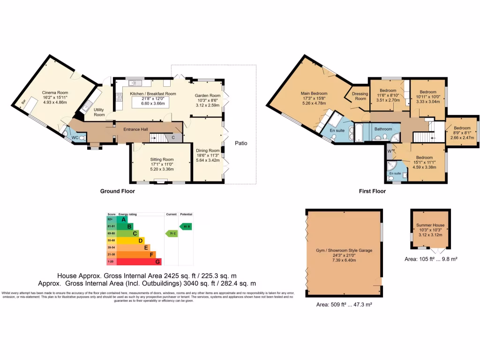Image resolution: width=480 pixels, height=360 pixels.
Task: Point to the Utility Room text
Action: click(99, 112)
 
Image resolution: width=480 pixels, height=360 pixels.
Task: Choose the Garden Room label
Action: click(208, 96)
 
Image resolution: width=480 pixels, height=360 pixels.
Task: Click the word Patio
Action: click(242, 143)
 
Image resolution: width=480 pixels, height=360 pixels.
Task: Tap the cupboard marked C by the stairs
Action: click(173, 137)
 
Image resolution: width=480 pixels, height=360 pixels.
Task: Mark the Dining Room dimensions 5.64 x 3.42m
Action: click(207, 160)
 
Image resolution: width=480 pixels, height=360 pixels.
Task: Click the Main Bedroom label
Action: click(314, 93)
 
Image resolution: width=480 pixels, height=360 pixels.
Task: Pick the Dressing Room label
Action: click(360, 96)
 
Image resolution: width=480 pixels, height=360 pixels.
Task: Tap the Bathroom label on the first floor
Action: click(383, 128)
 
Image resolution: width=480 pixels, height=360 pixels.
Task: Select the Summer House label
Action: click(430, 225)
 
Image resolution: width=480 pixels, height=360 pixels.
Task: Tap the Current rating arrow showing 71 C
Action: click(172, 233)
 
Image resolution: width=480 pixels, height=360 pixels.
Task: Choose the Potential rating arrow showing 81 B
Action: click(186, 226)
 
